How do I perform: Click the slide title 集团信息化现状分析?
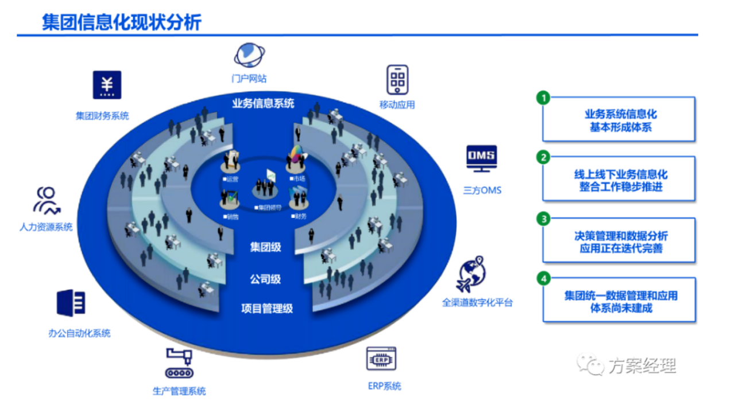click(122, 22)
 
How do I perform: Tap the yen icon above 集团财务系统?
click(107, 85)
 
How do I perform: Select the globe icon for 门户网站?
click(249, 56)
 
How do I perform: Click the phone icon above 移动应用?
click(397, 79)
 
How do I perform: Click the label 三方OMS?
click(482, 190)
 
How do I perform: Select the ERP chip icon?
click(382, 359)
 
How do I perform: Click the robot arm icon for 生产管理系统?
click(179, 363)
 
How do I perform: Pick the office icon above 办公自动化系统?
click(71, 303)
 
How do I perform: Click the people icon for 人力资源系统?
click(46, 201)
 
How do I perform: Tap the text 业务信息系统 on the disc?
click(263, 103)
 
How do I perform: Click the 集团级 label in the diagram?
click(265, 247)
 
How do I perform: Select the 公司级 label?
click(265, 279)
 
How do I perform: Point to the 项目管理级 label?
click(267, 309)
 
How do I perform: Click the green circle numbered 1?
click(543, 98)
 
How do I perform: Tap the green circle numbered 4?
click(543, 278)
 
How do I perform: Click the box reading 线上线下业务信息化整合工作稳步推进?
click(619, 180)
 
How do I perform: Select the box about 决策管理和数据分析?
click(619, 241)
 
